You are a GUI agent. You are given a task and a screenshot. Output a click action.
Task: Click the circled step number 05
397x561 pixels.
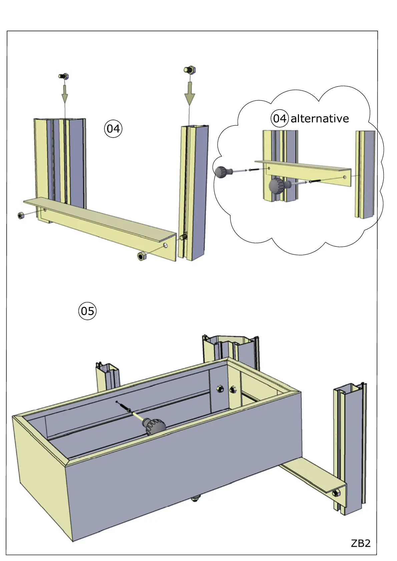(x=87, y=311)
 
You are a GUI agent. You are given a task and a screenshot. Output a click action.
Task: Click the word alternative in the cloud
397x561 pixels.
(x=320, y=119)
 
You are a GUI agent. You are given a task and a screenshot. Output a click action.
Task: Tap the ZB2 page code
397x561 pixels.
(x=360, y=543)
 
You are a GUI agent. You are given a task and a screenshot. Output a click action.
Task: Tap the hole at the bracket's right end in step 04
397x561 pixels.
(x=166, y=245)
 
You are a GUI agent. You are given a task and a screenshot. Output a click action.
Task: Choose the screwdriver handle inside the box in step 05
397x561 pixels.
(x=154, y=426)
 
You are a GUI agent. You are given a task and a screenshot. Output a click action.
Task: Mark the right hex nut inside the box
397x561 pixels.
(x=233, y=389)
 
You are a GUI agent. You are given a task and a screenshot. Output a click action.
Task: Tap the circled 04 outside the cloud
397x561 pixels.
(x=113, y=129)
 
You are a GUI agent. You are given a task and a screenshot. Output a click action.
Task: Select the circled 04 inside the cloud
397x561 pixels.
(x=279, y=118)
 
